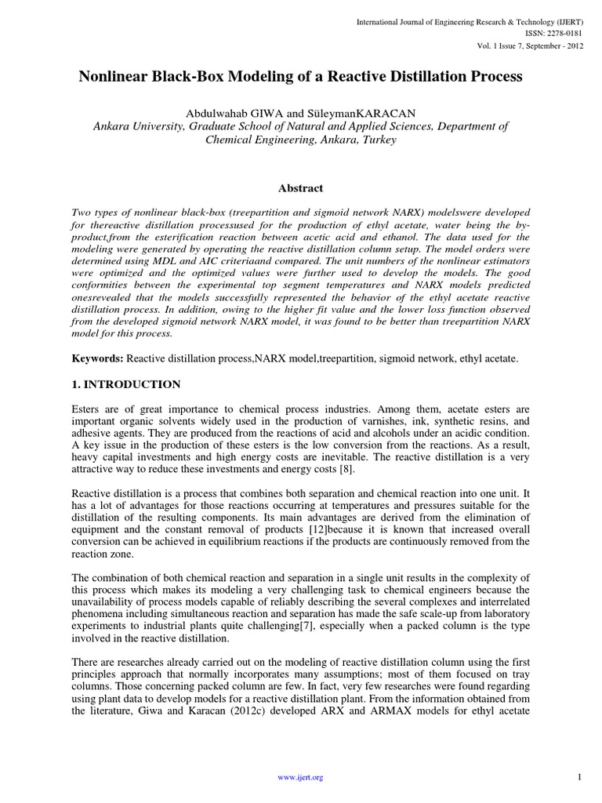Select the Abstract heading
[301, 188]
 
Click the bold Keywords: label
[97, 358]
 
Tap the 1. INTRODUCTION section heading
[126, 384]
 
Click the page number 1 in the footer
[578, 776]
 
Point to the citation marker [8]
[346, 469]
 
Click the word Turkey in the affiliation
[378, 140]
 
